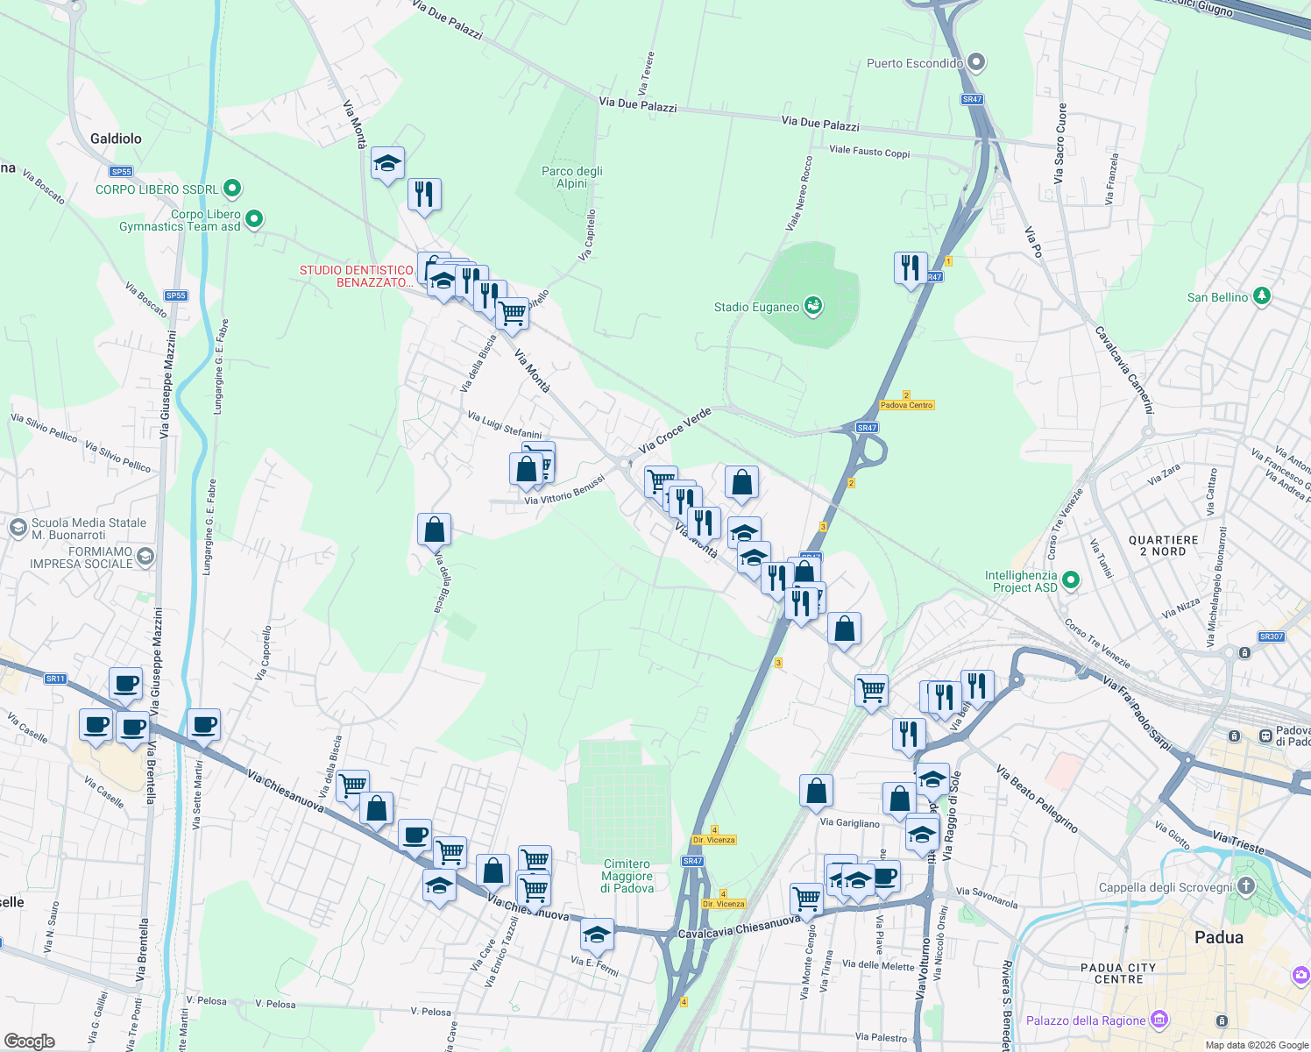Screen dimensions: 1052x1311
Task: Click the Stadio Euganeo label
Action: [756, 307]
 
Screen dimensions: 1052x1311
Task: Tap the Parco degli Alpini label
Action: [572, 177]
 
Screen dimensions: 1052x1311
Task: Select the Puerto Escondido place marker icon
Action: [977, 63]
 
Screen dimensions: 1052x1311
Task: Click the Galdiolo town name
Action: [116, 139]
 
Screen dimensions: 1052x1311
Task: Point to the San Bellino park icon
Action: [1261, 296]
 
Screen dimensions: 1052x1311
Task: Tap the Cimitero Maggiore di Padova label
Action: [627, 876]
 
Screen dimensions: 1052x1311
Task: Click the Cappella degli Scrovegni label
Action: [1166, 887]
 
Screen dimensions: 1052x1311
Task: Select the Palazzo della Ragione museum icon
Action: [1159, 1020]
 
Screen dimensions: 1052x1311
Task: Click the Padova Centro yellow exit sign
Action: [907, 405]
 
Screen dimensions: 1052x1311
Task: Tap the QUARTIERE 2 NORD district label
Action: [1163, 545]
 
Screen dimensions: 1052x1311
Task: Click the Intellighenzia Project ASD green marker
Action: [1071, 580]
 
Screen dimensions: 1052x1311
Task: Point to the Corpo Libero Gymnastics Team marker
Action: [254, 218]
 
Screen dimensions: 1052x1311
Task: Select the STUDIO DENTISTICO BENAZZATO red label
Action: [357, 276]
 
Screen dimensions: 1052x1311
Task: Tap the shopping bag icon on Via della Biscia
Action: [434, 530]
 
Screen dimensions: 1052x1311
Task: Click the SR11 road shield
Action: [55, 679]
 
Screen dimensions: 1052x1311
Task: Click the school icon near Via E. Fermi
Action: [597, 935]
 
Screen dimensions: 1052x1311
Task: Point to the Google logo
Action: [29, 1041]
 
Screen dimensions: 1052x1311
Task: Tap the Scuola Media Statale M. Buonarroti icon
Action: [18, 528]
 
